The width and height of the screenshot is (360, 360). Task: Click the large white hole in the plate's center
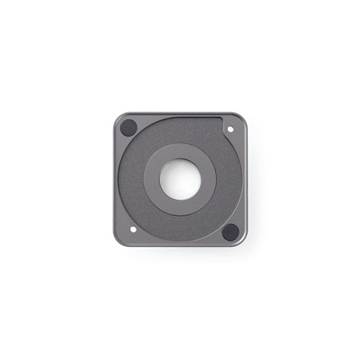tap(181, 178)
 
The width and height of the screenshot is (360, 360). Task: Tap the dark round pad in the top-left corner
tap(128, 127)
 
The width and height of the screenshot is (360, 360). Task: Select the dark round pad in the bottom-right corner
tap(230, 232)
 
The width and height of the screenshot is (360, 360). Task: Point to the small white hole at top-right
tap(231, 128)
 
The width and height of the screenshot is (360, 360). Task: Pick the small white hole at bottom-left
tap(132, 229)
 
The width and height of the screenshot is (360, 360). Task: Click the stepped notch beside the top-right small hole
tap(221, 119)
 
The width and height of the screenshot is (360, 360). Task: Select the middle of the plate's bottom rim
tap(181, 245)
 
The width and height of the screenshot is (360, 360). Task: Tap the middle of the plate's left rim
tap(115, 179)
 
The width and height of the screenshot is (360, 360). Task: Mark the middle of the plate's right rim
tap(245, 179)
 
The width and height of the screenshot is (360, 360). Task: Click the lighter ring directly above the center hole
tap(181, 151)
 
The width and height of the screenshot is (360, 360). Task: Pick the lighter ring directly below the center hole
tap(181, 207)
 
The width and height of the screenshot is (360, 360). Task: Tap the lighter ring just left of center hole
tap(152, 179)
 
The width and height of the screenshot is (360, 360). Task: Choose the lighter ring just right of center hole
tap(209, 179)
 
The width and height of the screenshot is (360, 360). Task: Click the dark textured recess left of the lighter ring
tap(132, 179)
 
